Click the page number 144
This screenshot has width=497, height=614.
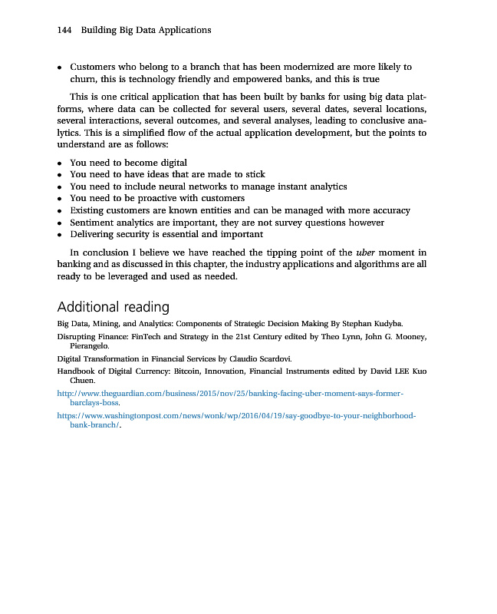(64, 30)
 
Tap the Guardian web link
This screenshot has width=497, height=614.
(230, 393)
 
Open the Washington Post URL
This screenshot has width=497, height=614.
(236, 415)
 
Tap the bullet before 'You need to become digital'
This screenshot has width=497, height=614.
(60, 163)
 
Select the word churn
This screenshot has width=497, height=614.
(82, 78)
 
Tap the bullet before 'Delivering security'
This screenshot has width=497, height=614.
(60, 234)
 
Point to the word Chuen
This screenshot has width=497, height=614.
(82, 381)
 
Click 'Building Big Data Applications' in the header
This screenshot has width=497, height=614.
(146, 30)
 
